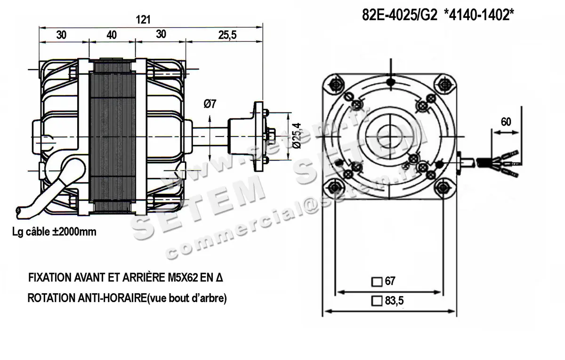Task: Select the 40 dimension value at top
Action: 112,35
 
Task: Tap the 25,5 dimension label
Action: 227,35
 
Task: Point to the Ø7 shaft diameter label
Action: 210,104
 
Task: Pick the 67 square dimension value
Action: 389,281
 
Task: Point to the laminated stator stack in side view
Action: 113,136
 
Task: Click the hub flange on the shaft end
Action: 259,136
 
